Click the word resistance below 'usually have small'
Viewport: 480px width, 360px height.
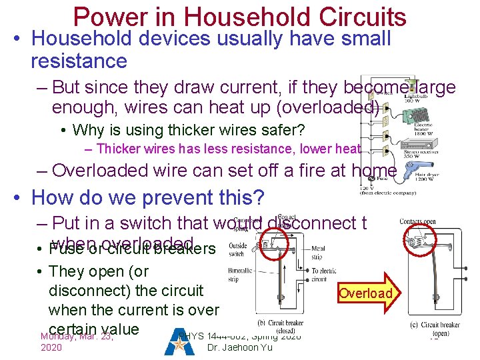click(79, 61)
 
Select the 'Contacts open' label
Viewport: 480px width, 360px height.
click(419, 221)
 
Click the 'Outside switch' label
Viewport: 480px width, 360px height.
click(237, 250)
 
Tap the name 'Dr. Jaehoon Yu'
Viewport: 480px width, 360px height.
click(239, 347)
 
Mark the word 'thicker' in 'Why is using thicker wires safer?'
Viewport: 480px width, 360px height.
click(173, 130)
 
